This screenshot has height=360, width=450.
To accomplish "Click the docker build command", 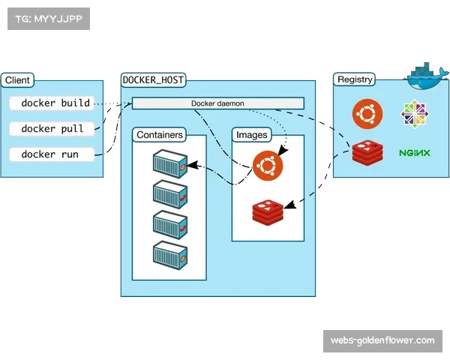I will pos(55,103).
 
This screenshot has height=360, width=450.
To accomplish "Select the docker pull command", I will pos(52,129).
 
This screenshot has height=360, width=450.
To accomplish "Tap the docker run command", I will pos(49,154).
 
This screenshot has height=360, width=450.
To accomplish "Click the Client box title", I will pos(17,80).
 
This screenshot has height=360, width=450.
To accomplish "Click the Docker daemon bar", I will pos(217,103).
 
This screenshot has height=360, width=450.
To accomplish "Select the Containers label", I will pos(159,135).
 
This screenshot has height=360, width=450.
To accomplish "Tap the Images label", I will pos(251,135).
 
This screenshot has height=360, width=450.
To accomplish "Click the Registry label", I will pos(355,79).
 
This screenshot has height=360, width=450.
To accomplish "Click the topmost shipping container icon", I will pos(169,162).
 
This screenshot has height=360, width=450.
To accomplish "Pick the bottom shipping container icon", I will pos(169,254).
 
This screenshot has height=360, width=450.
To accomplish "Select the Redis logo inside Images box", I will pos(268,211).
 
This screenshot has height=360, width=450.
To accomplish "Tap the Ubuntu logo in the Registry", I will pos(367,114).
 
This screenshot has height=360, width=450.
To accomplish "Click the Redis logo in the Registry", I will pos(367,153).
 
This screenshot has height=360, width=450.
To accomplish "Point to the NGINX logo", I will pos(414,153).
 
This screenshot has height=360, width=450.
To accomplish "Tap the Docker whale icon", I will pos(427,73).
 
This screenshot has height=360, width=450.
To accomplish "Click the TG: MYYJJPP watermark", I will pos(47,18).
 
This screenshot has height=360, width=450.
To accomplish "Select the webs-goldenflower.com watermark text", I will pos(382,341).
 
